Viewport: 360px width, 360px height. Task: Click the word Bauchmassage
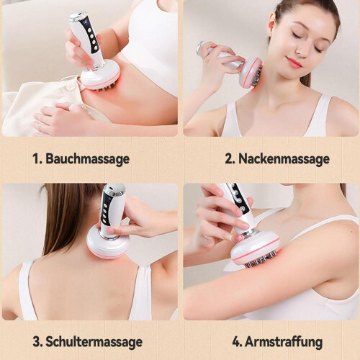pyautogui.click(x=87, y=159)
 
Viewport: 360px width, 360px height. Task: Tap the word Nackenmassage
pyautogui.click(x=284, y=158)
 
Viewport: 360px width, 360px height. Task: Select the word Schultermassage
pyautogui.click(x=94, y=341)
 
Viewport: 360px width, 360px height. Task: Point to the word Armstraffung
pyautogui.click(x=284, y=341)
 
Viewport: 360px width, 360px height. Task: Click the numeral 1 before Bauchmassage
pyautogui.click(x=37, y=158)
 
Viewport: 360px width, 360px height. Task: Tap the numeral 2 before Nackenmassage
pyautogui.click(x=230, y=158)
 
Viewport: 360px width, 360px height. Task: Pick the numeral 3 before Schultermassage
pyautogui.click(x=37, y=341)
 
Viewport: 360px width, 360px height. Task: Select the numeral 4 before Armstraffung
pyautogui.click(x=237, y=341)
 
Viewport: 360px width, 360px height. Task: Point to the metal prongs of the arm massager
pyautogui.click(x=261, y=260)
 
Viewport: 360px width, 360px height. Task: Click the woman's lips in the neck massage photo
pyautogui.click(x=294, y=63)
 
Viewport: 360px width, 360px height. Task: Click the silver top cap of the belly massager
pyautogui.click(x=76, y=19)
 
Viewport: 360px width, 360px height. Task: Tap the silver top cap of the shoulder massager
pyautogui.click(x=115, y=189)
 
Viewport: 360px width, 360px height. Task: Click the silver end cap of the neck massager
pyautogui.click(x=201, y=48)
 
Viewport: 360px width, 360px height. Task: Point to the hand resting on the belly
pyautogui.click(x=63, y=115)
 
